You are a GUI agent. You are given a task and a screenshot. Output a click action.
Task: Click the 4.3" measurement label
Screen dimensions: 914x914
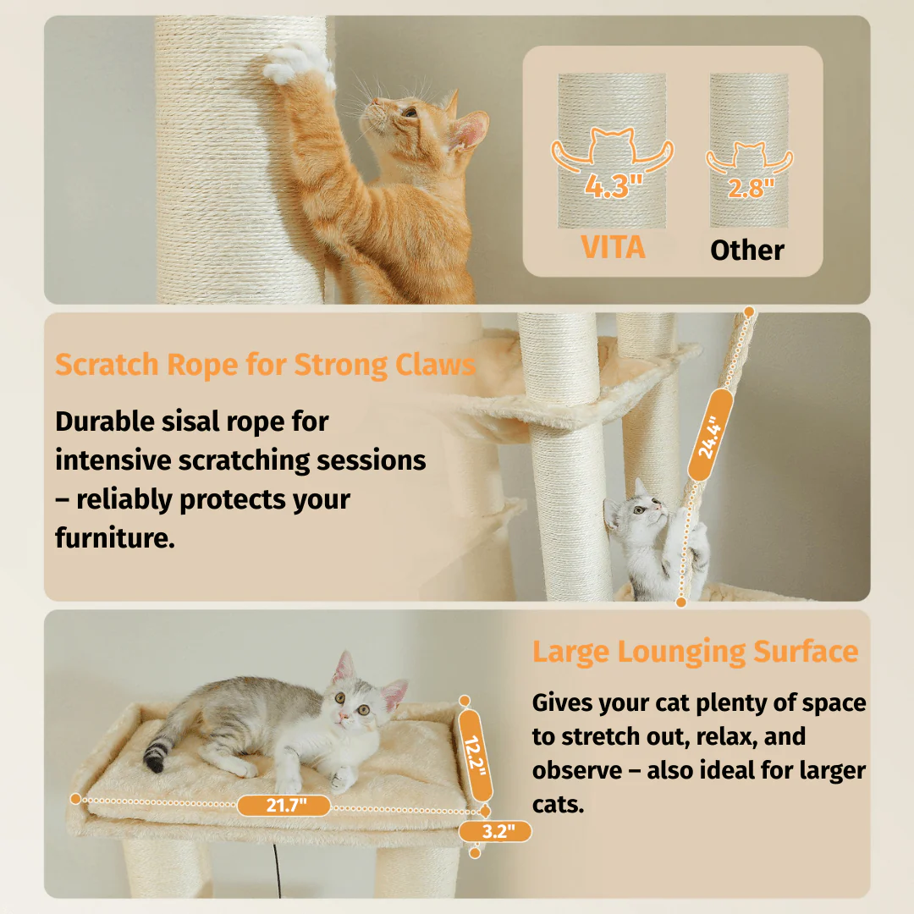coord(614,186)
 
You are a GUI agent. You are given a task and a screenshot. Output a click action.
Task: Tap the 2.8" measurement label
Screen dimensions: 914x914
coord(751,188)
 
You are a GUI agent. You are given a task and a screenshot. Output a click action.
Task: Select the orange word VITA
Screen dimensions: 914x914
coord(614,247)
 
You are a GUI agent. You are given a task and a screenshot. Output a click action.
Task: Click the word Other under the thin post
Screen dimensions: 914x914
coord(746,250)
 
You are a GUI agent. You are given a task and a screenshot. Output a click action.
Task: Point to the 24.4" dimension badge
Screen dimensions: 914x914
coord(709,436)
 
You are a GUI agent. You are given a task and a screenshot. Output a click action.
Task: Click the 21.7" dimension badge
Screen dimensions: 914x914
coord(284,806)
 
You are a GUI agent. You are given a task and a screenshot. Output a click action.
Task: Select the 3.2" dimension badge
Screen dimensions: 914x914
coord(495,831)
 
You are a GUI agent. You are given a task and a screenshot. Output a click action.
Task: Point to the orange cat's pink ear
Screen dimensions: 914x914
coord(470,130)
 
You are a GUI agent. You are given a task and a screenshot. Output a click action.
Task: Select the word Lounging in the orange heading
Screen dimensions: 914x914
coord(681,652)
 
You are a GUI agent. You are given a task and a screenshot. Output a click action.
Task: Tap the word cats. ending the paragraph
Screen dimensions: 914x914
coord(558,805)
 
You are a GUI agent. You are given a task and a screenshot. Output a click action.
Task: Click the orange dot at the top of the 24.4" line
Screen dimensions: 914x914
coord(749,312)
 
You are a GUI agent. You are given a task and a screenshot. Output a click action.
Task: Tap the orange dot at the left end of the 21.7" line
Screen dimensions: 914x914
coord(75,799)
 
